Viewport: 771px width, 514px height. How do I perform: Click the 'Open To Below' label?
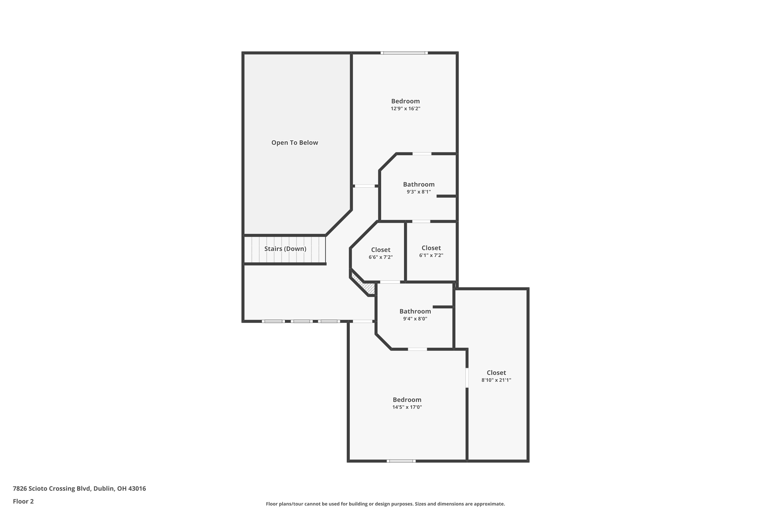click(294, 143)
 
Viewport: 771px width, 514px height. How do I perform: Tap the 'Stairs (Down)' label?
click(285, 249)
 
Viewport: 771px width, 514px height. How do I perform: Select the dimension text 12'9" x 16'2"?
click(405, 109)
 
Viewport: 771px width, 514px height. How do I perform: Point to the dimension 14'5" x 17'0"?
click(407, 407)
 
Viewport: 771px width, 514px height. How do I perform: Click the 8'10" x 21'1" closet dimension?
click(496, 380)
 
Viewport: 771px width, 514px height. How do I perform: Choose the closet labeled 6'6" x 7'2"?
click(381, 257)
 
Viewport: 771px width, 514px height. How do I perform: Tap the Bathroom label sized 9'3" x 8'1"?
click(419, 185)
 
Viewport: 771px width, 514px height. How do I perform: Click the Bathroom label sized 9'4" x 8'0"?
click(415, 311)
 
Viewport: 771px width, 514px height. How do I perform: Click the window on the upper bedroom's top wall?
click(404, 53)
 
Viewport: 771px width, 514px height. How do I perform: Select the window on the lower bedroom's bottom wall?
click(401, 461)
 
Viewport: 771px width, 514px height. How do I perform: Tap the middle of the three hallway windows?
click(301, 321)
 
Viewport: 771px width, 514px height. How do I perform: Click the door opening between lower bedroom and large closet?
click(467, 378)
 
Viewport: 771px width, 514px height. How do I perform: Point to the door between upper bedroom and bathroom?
click(421, 154)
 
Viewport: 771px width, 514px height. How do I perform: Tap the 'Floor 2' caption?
click(23, 501)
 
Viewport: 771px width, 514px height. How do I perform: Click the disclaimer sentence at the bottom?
click(385, 504)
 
